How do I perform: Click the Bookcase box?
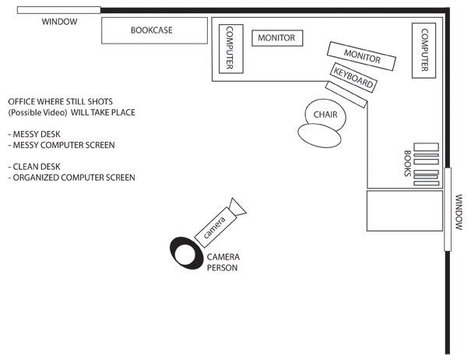point(155,31)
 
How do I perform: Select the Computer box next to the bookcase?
point(230,48)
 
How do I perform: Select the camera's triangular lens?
point(237,206)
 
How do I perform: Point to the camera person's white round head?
point(187,253)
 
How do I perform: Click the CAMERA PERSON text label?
point(223,262)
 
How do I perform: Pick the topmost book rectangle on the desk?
point(426,146)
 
